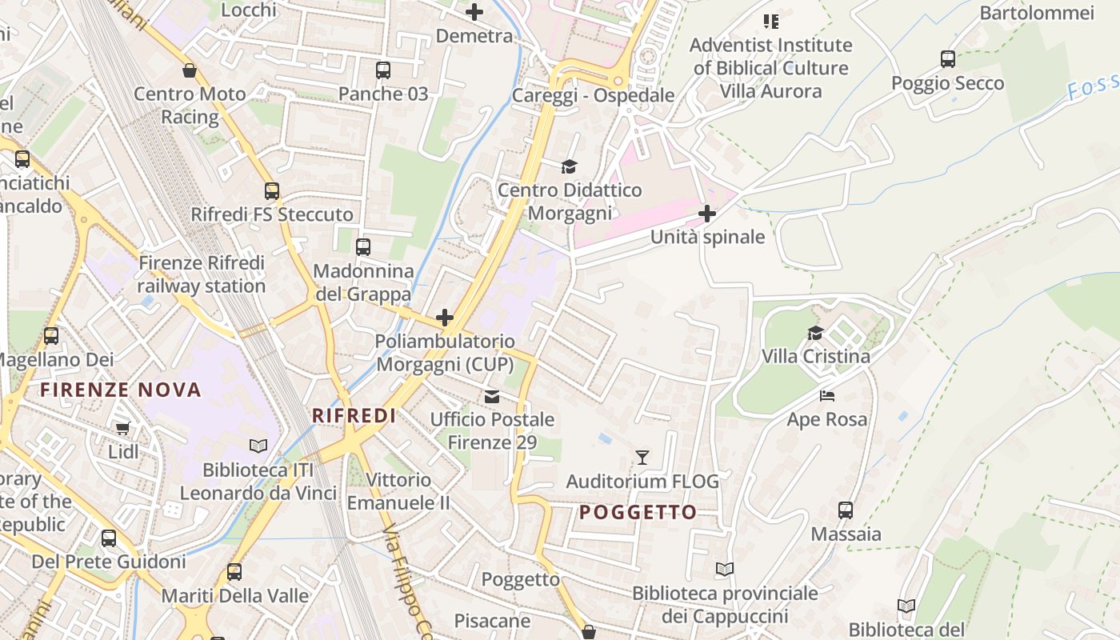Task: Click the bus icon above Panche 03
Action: (383, 70)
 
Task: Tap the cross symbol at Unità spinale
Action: (707, 214)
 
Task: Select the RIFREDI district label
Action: (354, 415)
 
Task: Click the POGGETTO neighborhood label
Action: (638, 512)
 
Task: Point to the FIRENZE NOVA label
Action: (121, 390)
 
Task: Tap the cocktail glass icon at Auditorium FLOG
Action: (642, 458)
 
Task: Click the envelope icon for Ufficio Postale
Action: (491, 396)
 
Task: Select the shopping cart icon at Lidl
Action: (122, 429)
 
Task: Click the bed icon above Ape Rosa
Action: (826, 396)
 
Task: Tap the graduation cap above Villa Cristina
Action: (815, 333)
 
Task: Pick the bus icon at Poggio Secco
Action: (948, 58)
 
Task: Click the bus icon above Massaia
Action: (846, 510)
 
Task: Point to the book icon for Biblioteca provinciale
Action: (725, 570)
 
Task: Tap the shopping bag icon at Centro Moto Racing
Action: (190, 70)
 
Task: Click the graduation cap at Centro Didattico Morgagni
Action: (569, 166)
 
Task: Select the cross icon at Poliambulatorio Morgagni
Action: (445, 318)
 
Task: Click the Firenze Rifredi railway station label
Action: (201, 274)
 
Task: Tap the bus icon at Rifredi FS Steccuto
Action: (272, 191)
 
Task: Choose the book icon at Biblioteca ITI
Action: (258, 446)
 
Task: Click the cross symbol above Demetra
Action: (474, 12)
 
